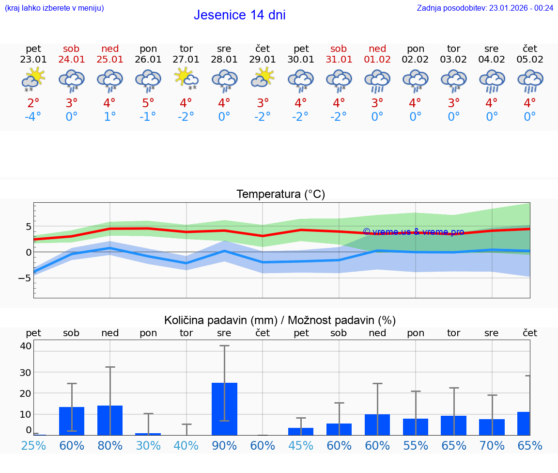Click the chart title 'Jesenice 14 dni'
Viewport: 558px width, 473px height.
239,15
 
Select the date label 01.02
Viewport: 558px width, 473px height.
377,60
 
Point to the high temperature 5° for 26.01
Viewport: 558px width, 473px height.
148,103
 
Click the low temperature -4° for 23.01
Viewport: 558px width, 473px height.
33,117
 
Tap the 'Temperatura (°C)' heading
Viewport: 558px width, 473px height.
280,195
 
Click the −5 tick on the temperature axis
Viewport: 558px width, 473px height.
25,278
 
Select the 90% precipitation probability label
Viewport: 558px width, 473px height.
224,445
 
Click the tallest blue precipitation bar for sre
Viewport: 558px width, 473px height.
224,409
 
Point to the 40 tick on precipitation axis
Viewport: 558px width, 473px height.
26,346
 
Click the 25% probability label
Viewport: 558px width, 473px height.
33,445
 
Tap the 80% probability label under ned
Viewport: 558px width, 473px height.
110,445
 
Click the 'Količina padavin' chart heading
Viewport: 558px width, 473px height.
280,320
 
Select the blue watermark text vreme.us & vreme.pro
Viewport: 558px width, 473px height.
413,232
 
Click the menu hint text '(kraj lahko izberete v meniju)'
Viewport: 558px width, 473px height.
54,8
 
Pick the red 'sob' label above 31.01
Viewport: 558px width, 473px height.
339,49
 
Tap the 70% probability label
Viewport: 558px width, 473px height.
492,445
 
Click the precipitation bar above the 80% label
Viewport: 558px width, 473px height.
110,420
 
